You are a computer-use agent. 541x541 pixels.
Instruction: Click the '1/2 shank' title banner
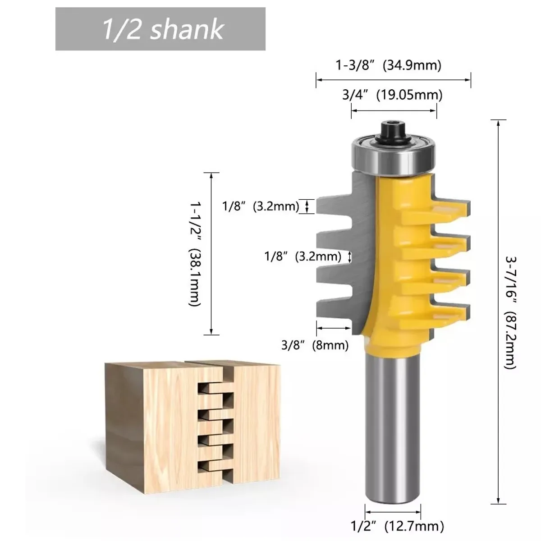point(160,29)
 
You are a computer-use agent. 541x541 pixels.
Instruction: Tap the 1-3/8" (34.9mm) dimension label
point(389,65)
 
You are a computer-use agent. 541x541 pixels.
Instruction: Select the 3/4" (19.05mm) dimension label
point(392,95)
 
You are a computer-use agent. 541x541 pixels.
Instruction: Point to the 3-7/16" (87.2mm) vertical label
point(511,312)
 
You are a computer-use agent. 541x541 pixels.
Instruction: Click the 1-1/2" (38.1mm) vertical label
point(195,254)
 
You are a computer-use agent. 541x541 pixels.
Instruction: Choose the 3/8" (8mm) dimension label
point(315,345)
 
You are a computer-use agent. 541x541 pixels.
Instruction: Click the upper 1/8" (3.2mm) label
point(261,206)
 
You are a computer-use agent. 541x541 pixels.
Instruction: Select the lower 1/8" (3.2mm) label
point(303,257)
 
